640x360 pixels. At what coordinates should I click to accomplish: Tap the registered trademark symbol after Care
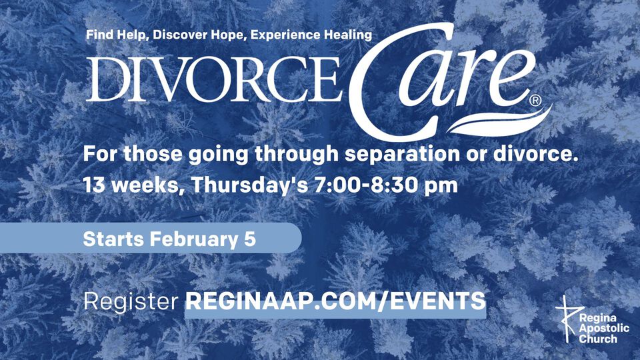point(535,101)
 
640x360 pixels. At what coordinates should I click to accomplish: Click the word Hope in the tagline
point(228,35)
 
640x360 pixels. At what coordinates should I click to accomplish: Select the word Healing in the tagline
point(348,35)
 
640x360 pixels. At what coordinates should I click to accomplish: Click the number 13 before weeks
point(94,185)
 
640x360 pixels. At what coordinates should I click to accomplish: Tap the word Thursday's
point(249,185)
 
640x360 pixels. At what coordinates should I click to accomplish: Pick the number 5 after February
point(250,239)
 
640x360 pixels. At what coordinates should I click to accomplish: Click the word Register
point(131,302)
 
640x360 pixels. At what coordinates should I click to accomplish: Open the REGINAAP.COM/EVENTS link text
point(335,301)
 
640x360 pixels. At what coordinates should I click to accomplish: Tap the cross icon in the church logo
point(567,319)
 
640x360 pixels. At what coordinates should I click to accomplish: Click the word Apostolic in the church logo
point(604,328)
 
